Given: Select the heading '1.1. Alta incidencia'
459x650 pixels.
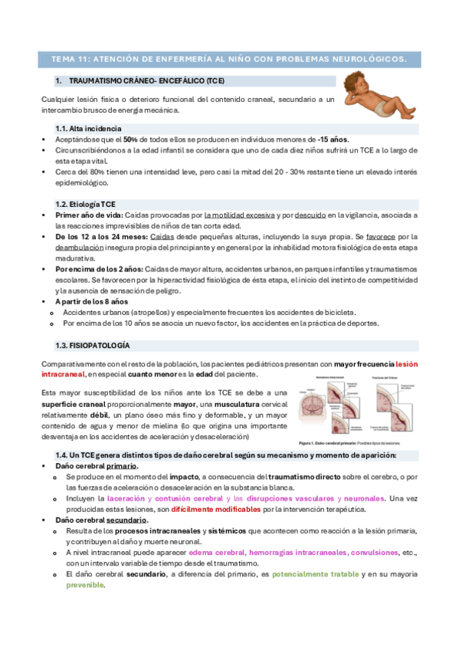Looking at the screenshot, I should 88,128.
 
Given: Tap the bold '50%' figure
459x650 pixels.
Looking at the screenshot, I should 130,140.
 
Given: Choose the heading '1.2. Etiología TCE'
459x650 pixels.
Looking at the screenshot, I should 86,204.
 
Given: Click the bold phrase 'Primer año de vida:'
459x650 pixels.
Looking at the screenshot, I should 88,216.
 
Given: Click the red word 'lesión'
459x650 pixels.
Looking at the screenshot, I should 407,363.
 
